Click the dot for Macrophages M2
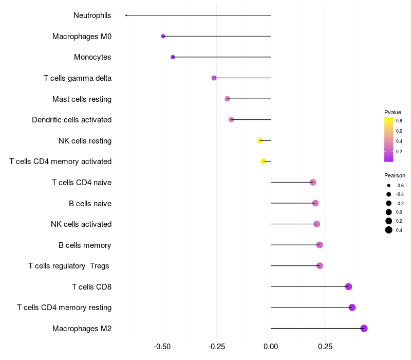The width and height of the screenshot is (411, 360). [x=364, y=328]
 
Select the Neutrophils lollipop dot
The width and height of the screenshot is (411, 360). [x=126, y=15]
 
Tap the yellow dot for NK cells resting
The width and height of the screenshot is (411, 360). [x=260, y=140]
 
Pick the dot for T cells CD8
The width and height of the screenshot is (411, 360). [x=348, y=286]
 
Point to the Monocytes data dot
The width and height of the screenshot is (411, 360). [x=173, y=57]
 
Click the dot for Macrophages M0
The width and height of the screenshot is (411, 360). [x=163, y=36]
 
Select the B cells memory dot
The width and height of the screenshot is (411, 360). [x=320, y=245]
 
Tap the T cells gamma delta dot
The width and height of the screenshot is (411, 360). [x=214, y=78]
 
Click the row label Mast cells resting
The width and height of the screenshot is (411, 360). [x=82, y=99]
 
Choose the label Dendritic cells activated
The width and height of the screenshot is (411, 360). [x=71, y=120]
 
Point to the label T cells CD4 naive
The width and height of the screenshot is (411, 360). [x=82, y=182]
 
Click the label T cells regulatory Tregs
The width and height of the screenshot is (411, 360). [x=69, y=265]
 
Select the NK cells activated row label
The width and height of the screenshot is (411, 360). [x=81, y=224]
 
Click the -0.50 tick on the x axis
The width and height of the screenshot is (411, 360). [x=162, y=347]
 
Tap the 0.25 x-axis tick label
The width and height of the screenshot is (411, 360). [x=325, y=347]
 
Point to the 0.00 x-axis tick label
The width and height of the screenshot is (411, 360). [x=271, y=347]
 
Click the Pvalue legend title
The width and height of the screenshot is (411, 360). [x=393, y=112]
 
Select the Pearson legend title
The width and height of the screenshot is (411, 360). [x=395, y=175]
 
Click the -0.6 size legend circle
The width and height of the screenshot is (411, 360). [x=389, y=185]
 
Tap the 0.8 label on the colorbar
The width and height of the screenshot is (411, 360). [x=399, y=120]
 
